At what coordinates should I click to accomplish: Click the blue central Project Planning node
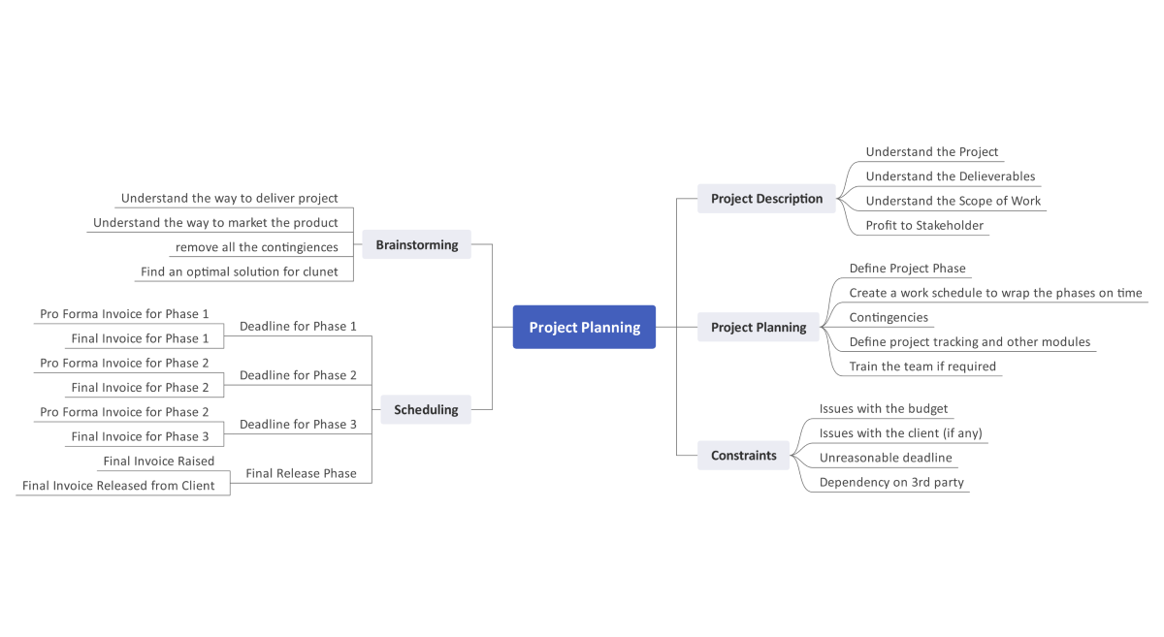(584, 327)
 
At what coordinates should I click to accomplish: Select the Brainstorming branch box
(416, 244)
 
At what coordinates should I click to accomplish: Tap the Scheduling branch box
(426, 409)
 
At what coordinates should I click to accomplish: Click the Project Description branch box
(766, 198)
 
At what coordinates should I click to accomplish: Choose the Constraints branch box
(743, 455)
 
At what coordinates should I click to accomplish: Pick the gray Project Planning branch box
(758, 327)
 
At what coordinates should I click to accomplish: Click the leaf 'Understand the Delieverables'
(950, 176)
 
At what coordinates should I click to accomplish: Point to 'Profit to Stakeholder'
(924, 225)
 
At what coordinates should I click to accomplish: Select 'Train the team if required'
(921, 366)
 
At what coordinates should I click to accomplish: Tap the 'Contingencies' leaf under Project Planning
(888, 317)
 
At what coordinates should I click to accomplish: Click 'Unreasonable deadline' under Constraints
(885, 458)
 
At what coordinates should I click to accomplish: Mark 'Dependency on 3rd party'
(890, 482)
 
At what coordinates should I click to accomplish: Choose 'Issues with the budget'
(883, 408)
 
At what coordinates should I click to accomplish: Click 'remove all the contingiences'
(256, 247)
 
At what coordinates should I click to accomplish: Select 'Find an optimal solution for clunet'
(239, 271)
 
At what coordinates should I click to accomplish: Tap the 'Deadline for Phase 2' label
(298, 375)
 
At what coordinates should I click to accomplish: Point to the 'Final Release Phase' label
(301, 473)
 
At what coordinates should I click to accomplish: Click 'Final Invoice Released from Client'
(118, 485)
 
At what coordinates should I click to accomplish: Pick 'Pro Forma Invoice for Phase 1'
(124, 314)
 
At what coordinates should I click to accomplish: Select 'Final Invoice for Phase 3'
(140, 436)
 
